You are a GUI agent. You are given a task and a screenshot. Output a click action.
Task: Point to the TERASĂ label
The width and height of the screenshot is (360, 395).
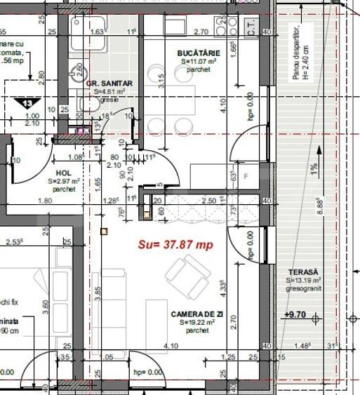coord(302,272)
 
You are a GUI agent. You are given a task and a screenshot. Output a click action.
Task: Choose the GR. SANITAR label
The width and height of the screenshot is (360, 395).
coord(109,83)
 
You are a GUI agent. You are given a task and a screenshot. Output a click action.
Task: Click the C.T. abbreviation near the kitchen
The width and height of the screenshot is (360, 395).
coord(251,29)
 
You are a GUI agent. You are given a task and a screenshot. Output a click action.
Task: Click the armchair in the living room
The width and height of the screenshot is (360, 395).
coord(187,276)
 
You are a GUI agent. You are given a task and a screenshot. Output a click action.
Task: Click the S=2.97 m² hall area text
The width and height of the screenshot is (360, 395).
coord(65,181)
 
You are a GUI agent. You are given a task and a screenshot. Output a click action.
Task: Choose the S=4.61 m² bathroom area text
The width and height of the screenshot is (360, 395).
coord(109,91)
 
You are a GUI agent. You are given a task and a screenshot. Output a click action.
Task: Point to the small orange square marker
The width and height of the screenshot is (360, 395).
coord(104,231)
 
